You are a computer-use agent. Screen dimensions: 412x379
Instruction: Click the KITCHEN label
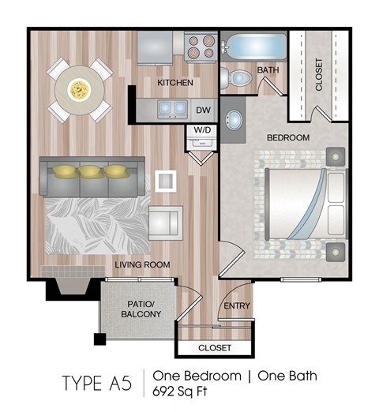point(175,83)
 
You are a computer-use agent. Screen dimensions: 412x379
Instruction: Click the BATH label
point(268,71)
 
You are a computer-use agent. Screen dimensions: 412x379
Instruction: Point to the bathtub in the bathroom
point(252,45)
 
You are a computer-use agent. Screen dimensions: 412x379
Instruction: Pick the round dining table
point(78,89)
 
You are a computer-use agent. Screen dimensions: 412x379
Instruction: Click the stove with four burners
point(200,47)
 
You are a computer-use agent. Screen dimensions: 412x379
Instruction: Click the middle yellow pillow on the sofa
point(92,170)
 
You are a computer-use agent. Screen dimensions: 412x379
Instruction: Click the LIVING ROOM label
point(142,265)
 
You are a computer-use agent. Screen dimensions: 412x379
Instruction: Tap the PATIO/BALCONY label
point(143,308)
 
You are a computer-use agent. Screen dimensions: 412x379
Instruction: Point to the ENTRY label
point(236,306)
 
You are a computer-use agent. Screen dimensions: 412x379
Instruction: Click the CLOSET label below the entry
point(215,347)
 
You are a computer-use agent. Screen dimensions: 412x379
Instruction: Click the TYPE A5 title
point(96,383)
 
